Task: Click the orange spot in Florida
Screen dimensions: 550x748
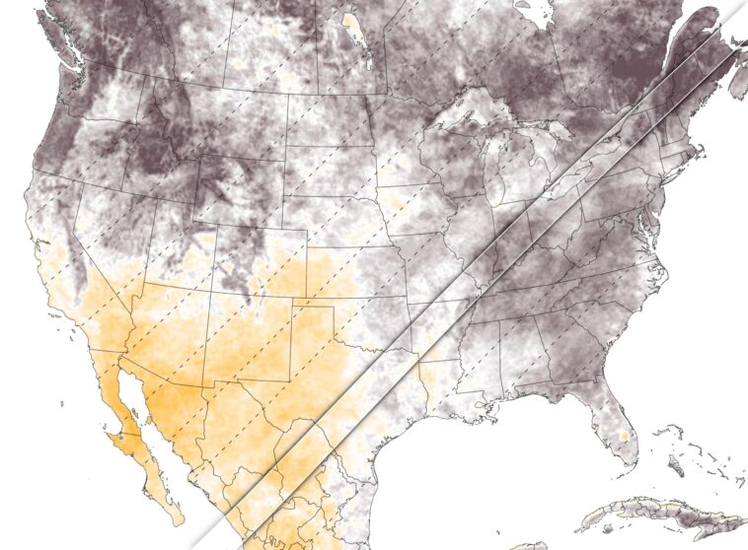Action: (x=623, y=435)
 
